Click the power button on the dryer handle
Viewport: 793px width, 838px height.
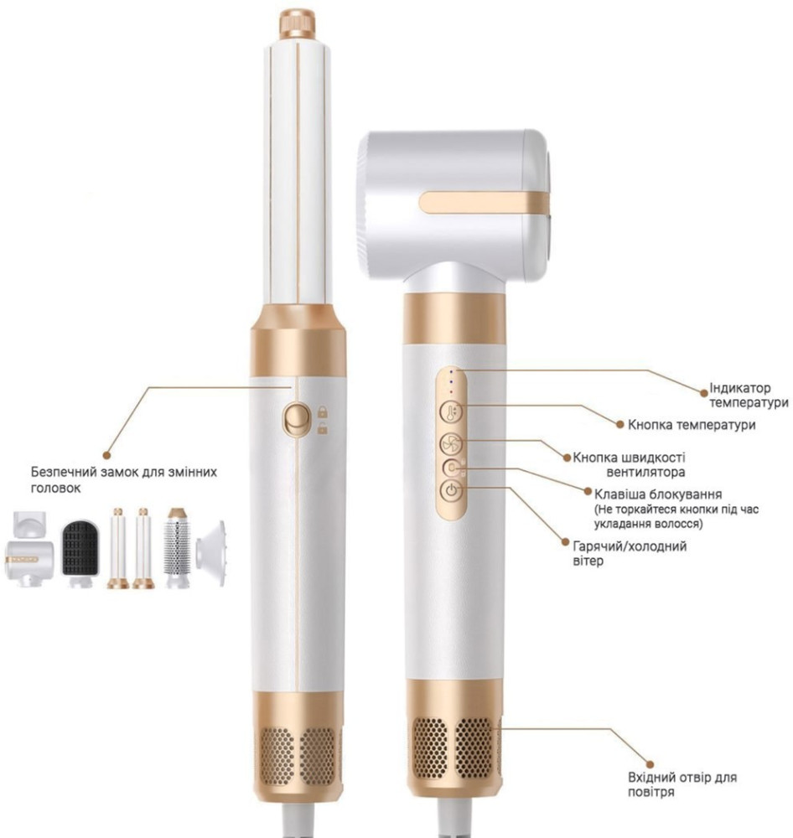coord(452,490)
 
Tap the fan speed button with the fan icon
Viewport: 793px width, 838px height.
coord(451,443)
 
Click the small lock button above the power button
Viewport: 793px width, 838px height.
coord(452,468)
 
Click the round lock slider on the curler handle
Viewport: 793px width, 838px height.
coord(296,419)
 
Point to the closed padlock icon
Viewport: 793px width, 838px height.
coord(323,411)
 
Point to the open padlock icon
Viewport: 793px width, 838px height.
coord(323,427)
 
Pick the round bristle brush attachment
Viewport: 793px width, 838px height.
coord(177,547)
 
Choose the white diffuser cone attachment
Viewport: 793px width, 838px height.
coord(210,554)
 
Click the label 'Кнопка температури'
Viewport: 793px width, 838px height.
coord(692,425)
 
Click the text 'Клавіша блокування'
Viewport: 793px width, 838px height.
coord(658,494)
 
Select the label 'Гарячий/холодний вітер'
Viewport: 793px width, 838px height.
coord(630,553)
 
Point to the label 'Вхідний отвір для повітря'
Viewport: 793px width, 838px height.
coord(682,784)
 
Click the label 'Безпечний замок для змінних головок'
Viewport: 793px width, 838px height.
coord(123,480)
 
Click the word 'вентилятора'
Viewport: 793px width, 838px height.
coord(645,472)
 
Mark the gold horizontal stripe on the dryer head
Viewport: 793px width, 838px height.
coord(485,203)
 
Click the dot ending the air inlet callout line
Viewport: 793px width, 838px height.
coord(650,765)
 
